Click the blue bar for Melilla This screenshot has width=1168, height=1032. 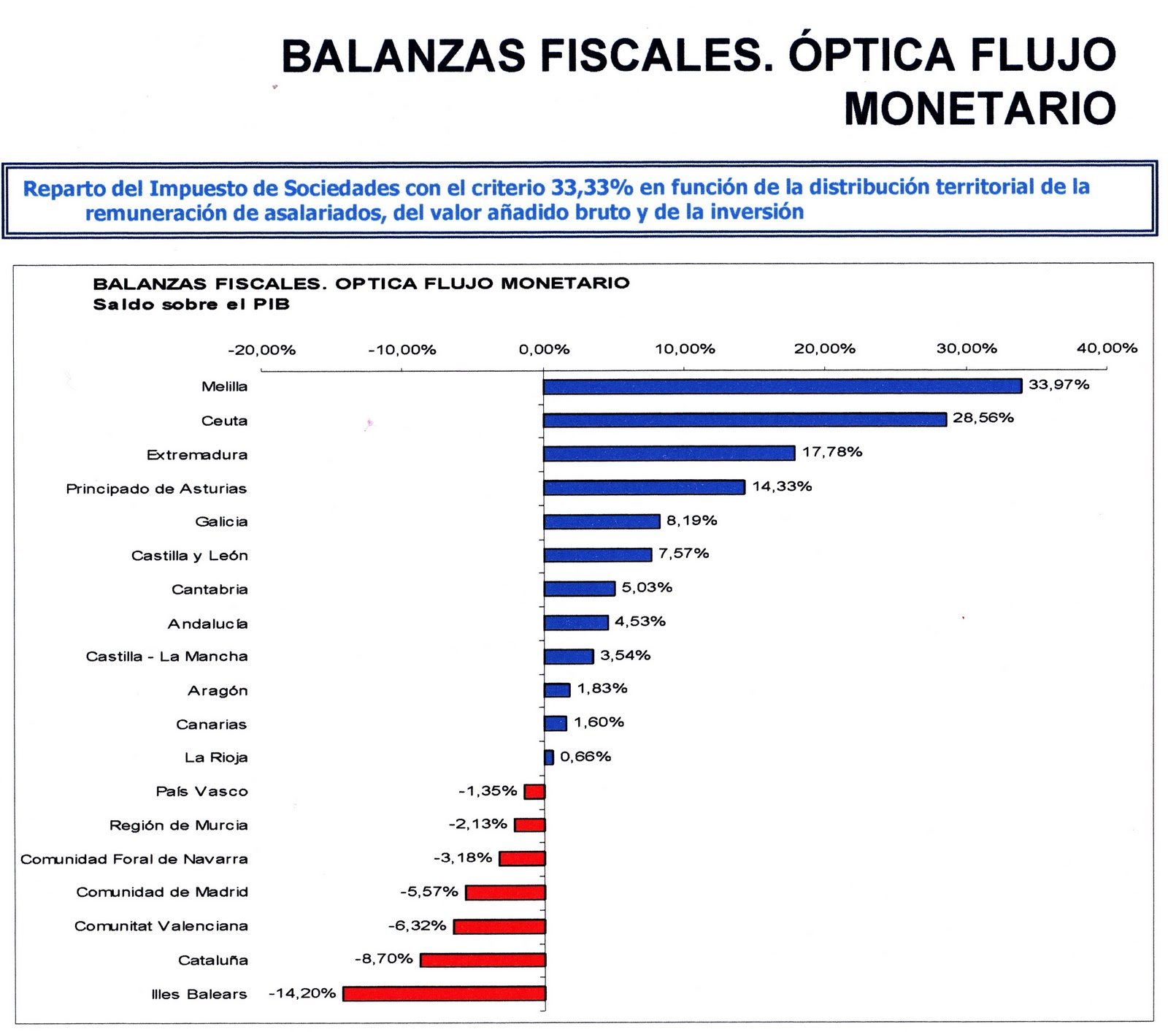pyautogui.click(x=782, y=386)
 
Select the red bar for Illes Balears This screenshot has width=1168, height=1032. pyautogui.click(x=445, y=993)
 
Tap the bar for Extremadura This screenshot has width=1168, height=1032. pyautogui.click(x=669, y=454)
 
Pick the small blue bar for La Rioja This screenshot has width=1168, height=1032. pyautogui.click(x=549, y=757)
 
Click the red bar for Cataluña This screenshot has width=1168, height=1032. pyautogui.click(x=483, y=960)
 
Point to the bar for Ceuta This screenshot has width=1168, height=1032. pyautogui.click(x=745, y=420)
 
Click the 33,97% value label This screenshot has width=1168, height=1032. pyautogui.click(x=1058, y=385)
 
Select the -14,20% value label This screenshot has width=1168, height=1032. pyautogui.click(x=302, y=993)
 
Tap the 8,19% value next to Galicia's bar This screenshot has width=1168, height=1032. pyautogui.click(x=691, y=521)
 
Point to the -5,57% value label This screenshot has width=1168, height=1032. pyautogui.click(x=429, y=892)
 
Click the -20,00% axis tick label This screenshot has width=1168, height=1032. pyautogui.click(x=262, y=350)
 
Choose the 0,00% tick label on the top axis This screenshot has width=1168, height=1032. pyautogui.click(x=544, y=350)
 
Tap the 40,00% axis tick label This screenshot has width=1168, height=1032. pyautogui.click(x=1107, y=348)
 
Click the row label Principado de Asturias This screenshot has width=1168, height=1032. pyautogui.click(x=156, y=489)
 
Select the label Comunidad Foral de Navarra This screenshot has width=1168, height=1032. pyautogui.click(x=134, y=859)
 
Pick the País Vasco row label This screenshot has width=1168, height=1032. pyautogui.click(x=201, y=792)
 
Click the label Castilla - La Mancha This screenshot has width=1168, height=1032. pyautogui.click(x=166, y=657)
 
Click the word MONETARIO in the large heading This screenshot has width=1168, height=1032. pyautogui.click(x=980, y=108)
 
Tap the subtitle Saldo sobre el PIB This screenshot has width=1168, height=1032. pyautogui.click(x=191, y=305)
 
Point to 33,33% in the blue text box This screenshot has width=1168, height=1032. pyautogui.click(x=591, y=188)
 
